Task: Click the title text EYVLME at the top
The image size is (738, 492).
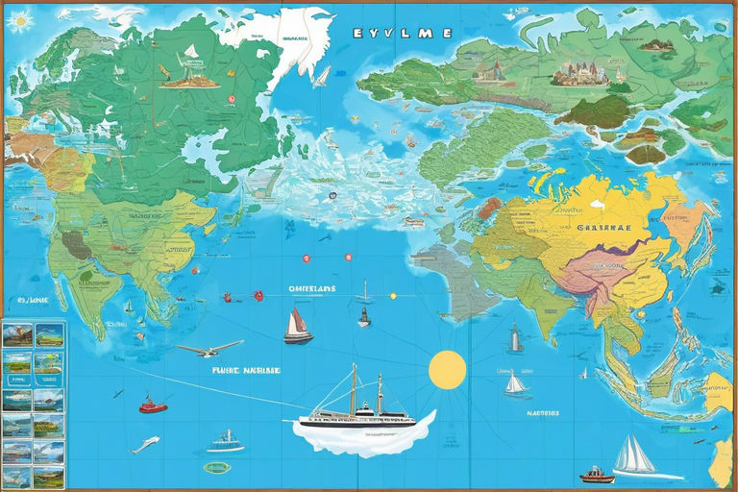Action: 403,33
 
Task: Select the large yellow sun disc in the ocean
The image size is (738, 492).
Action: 447,370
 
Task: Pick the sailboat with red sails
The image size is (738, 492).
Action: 298,327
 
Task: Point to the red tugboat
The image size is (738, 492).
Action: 152,406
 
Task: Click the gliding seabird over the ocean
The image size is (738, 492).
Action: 209,348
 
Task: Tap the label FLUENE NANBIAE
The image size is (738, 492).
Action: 246,369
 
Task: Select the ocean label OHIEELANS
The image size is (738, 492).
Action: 312,288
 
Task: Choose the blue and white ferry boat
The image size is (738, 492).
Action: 225,442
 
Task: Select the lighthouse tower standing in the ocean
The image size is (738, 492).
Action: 515,338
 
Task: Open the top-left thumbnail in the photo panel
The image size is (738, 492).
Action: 18,335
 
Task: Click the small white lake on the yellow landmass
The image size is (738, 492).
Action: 596,204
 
